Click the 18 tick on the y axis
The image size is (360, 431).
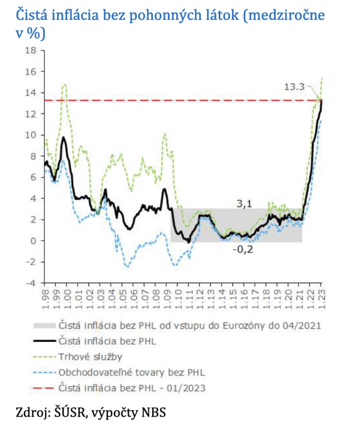(30, 51)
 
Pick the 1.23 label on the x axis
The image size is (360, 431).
(322, 297)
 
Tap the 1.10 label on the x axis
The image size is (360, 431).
(178, 297)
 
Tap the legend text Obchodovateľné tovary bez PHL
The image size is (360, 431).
(132, 372)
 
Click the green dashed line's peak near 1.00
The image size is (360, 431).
(65, 85)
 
